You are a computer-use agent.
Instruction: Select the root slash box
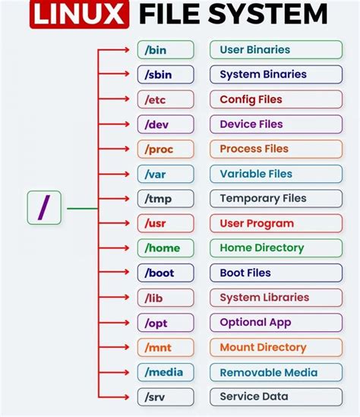point(44,207)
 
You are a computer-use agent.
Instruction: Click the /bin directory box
point(166,50)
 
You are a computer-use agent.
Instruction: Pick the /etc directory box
point(166,100)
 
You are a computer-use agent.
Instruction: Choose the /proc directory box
point(166,149)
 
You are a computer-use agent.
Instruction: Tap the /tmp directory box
point(166,199)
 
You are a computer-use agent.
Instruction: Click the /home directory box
point(166,248)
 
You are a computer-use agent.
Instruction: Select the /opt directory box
point(166,323)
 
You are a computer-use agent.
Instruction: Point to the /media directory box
point(166,372)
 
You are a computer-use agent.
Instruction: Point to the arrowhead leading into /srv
point(128,396)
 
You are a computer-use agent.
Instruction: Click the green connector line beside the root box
point(82,208)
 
